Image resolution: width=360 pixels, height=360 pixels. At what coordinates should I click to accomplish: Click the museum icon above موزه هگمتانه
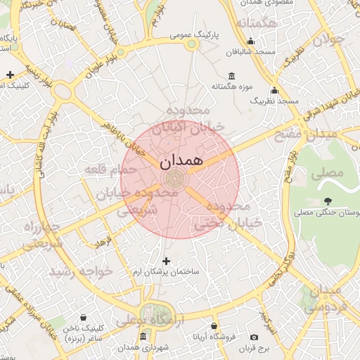click(x=231, y=76)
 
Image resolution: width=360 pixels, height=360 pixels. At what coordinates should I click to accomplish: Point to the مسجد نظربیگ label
click(x=274, y=101)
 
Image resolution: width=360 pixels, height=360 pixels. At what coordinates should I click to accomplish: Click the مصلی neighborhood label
click(x=329, y=172)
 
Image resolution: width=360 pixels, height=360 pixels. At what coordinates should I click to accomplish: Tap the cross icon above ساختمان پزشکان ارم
click(x=167, y=262)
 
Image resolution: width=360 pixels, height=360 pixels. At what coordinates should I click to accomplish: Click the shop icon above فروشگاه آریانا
click(x=214, y=326)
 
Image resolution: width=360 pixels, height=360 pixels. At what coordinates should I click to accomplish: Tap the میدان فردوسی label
click(x=323, y=297)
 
